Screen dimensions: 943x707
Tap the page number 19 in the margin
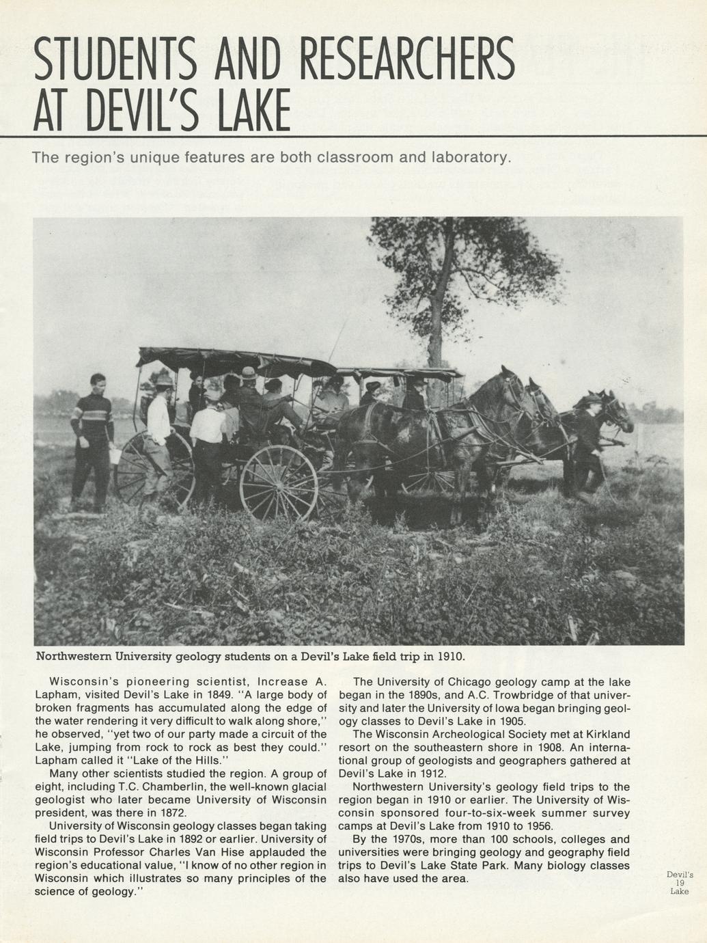[680, 882]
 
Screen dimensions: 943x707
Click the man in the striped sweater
[93, 441]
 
